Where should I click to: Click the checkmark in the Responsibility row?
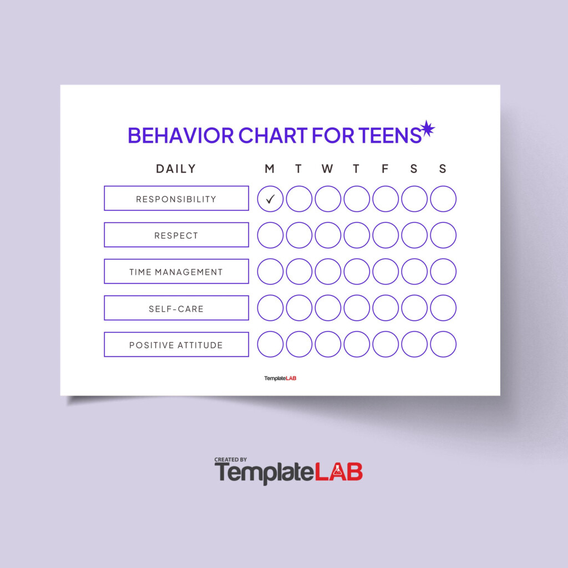click(x=270, y=199)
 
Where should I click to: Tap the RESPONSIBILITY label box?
click(x=176, y=199)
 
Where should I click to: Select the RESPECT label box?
click(x=176, y=235)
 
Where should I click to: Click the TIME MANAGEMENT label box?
click(x=176, y=272)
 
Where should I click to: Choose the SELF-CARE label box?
click(x=176, y=308)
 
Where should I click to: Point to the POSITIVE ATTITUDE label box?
click(x=176, y=345)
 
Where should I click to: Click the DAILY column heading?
click(x=176, y=169)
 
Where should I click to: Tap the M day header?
click(x=270, y=169)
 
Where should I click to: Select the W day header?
click(x=327, y=169)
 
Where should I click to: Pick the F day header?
click(x=385, y=169)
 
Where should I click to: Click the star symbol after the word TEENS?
click(x=427, y=129)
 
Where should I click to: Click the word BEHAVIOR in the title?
click(x=181, y=135)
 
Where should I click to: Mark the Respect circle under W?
click(x=328, y=235)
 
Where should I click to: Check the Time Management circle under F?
click(x=386, y=272)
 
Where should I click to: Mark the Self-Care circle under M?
click(x=270, y=308)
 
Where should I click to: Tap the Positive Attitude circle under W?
click(x=328, y=345)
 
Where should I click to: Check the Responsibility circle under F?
click(x=386, y=199)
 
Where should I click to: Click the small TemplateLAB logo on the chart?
click(x=280, y=378)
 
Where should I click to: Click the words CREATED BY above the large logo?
click(x=231, y=460)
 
